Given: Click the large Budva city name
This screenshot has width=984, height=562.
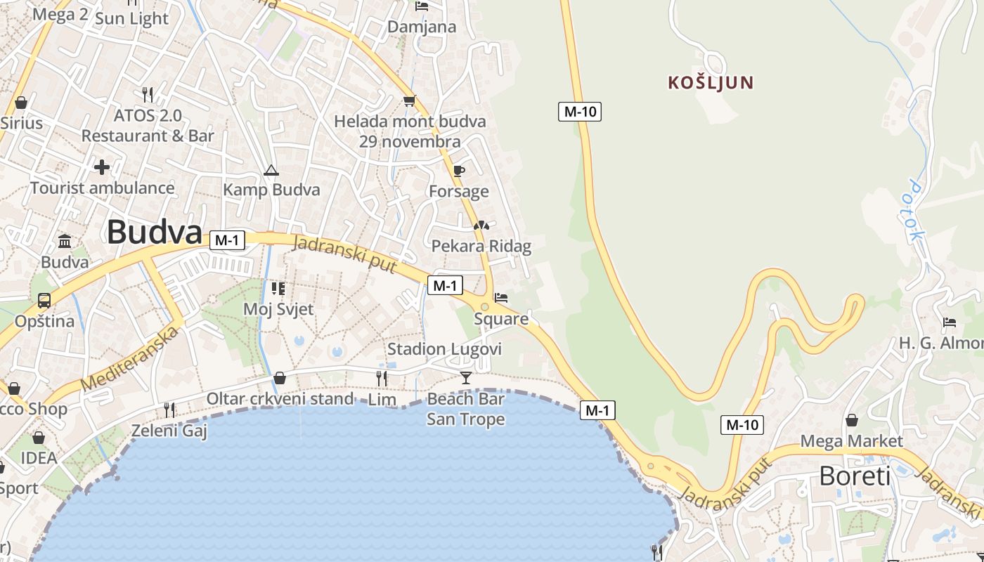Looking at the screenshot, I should click(155, 232).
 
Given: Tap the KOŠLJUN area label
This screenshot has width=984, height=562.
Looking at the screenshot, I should click(711, 83).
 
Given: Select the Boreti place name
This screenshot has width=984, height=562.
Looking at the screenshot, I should click(855, 476).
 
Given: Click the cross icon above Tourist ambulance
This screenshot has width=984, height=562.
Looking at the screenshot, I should click(102, 167).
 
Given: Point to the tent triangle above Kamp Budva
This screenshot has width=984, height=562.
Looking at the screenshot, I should click(271, 170).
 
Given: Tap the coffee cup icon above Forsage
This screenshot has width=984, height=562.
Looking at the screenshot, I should click(458, 171).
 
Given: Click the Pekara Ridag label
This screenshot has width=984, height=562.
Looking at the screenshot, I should click(481, 247).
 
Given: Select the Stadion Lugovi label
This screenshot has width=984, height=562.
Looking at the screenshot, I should click(445, 349).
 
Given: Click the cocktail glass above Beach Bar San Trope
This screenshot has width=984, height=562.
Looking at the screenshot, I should click(465, 378).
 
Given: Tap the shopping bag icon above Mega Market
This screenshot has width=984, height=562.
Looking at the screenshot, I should click(851, 420).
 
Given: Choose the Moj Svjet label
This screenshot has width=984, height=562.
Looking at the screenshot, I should click(278, 308).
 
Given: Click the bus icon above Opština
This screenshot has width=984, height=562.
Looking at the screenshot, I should click(44, 301).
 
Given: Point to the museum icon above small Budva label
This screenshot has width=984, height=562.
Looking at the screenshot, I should click(65, 242).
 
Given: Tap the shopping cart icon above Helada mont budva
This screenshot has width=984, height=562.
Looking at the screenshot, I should click(409, 100).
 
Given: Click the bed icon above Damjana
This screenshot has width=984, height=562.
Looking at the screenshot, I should click(422, 6).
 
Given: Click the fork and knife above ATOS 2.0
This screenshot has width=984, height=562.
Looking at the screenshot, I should click(148, 94).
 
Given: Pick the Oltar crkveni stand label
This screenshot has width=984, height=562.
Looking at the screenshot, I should click(280, 399).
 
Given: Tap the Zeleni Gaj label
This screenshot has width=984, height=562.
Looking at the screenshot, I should click(169, 431).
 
